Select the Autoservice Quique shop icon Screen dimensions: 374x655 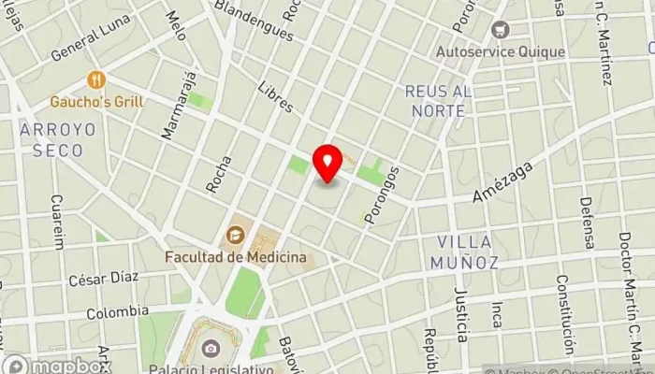pyautogui.click(x=499, y=30)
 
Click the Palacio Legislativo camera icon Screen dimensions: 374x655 pyautogui.click(x=210, y=350)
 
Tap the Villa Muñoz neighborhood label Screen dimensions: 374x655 pyautogui.click(x=464, y=252)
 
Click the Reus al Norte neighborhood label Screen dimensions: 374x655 pyautogui.click(x=435, y=100)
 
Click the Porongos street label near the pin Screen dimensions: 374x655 pyautogui.click(x=382, y=194)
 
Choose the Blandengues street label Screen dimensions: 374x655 pyautogui.click(x=255, y=20)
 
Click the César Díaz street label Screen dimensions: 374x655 pyautogui.click(x=103, y=278)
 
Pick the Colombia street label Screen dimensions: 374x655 pyautogui.click(x=117, y=311)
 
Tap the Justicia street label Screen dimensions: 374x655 pyautogui.click(x=459, y=315)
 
